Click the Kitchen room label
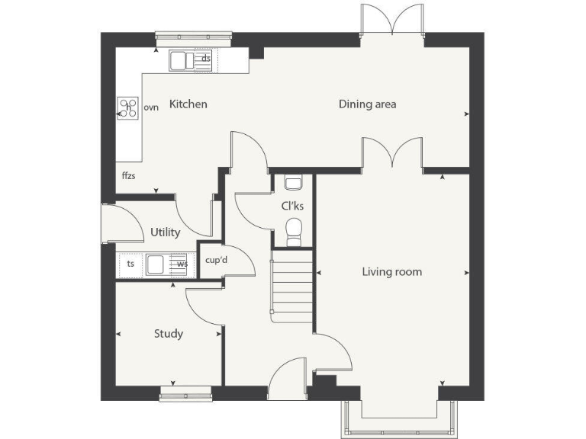pyautogui.click(x=188, y=104)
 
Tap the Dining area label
pyautogui.click(x=367, y=104)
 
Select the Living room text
pyautogui.click(x=391, y=272)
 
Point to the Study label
pyautogui.click(x=169, y=334)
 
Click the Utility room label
pyautogui.click(x=165, y=232)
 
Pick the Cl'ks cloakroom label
pyautogui.click(x=292, y=206)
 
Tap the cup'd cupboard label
pyautogui.click(x=217, y=261)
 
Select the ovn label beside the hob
pyautogui.click(x=151, y=108)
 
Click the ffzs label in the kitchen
pyautogui.click(x=128, y=175)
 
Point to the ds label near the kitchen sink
pyautogui.click(x=206, y=58)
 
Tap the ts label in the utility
pyautogui.click(x=130, y=264)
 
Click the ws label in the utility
pyautogui.click(x=182, y=264)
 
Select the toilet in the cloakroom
pyautogui.click(x=292, y=230)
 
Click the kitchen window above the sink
pyautogui.click(x=193, y=34)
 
